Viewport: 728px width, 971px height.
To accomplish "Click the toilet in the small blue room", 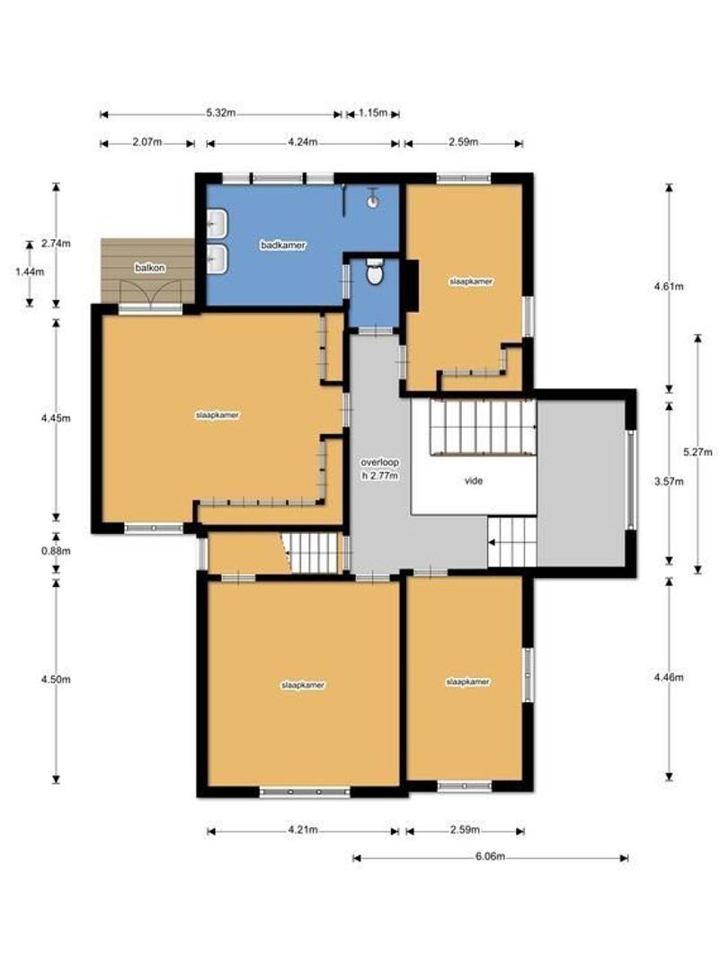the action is pyautogui.click(x=375, y=272).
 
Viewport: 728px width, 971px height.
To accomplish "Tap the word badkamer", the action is pyautogui.click(x=283, y=245).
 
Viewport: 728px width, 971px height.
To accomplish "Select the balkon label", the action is pyautogui.click(x=150, y=268).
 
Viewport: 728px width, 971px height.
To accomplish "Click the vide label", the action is pyautogui.click(x=474, y=480).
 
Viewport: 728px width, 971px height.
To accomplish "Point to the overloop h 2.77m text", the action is pyautogui.click(x=379, y=468).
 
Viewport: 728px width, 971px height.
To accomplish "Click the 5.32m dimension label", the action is pyautogui.click(x=221, y=113).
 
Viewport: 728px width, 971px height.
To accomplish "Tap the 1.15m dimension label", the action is pyautogui.click(x=373, y=113).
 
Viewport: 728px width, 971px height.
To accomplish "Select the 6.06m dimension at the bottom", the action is pyautogui.click(x=491, y=857).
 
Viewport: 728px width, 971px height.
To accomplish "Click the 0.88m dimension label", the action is pyautogui.click(x=56, y=550).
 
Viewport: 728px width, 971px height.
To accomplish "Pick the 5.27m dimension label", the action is pyautogui.click(x=697, y=452).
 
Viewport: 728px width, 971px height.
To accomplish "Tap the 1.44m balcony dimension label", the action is pyautogui.click(x=30, y=272).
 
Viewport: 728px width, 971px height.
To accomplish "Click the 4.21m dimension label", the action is pyautogui.click(x=303, y=830).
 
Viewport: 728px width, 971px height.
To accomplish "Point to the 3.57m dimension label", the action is pyautogui.click(x=669, y=481).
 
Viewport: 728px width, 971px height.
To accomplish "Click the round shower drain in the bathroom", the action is pyautogui.click(x=372, y=201).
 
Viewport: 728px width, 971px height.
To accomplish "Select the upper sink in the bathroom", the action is pyautogui.click(x=218, y=224).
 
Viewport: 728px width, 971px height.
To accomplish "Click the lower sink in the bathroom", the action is pyautogui.click(x=218, y=259).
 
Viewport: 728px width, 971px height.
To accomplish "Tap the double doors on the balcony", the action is pyautogui.click(x=150, y=293).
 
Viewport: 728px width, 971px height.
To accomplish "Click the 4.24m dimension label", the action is pyautogui.click(x=303, y=142).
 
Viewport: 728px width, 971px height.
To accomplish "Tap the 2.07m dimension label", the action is pyautogui.click(x=147, y=142).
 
